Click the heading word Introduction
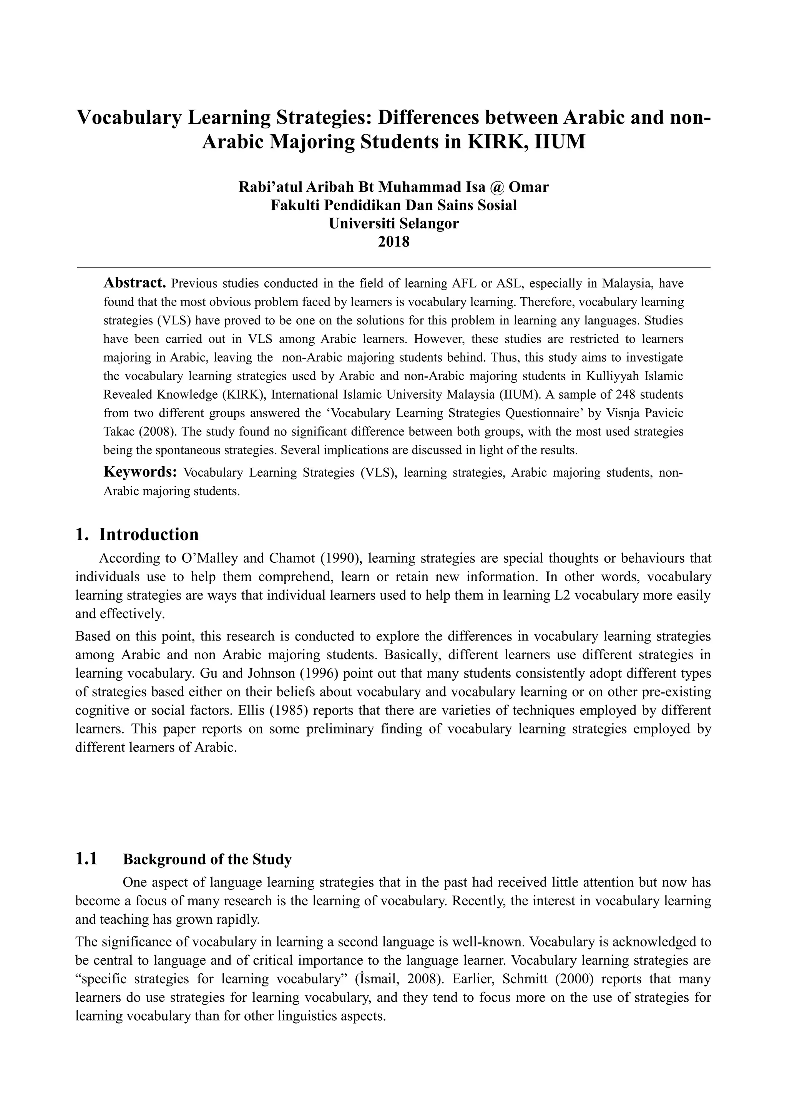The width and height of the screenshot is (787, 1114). coord(149,534)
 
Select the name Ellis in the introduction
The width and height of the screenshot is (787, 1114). coord(252,710)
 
